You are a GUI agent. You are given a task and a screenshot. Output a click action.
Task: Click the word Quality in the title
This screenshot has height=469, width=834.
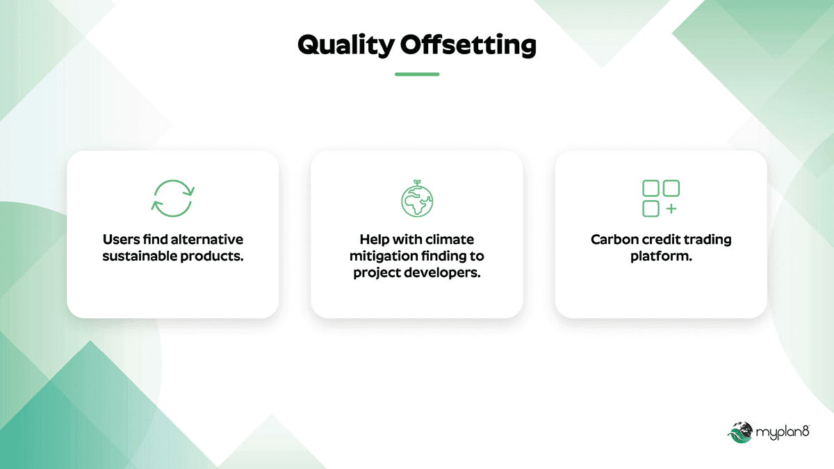[x=346, y=45]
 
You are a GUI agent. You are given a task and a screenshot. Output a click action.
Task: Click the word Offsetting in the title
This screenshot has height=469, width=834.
[x=468, y=45]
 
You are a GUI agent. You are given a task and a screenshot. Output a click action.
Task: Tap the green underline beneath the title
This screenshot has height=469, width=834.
[x=417, y=74]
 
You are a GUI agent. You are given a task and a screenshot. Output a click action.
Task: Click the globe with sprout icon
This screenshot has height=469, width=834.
[x=417, y=199]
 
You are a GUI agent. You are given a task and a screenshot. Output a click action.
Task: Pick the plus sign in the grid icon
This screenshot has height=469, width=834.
[x=671, y=209]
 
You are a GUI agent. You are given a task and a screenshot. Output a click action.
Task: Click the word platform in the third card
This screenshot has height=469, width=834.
[x=659, y=257]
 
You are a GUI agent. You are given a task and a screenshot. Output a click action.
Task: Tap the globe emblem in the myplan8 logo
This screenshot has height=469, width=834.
[x=740, y=432]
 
